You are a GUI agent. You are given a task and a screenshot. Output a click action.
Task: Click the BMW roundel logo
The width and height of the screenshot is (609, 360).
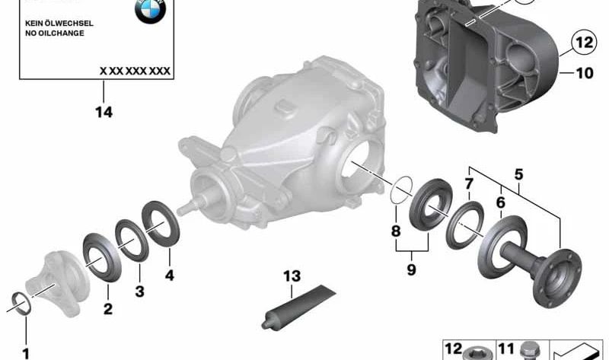click(x=150, y=10)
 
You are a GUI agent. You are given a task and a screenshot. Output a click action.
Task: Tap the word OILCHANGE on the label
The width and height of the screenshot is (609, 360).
click(x=60, y=33)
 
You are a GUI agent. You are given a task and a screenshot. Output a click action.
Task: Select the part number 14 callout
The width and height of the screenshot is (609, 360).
click(x=104, y=112)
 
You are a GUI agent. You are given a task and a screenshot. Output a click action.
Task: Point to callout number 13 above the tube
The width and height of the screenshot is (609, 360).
click(x=292, y=276)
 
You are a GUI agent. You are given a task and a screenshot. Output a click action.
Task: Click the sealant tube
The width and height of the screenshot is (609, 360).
click(x=298, y=307)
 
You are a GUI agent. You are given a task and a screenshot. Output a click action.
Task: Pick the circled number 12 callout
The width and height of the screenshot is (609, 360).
click(x=584, y=42)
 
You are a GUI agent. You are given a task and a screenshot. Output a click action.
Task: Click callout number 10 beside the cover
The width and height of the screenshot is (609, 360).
click(x=585, y=73)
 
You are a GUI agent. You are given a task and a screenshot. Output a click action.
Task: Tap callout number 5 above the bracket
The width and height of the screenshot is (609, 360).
click(x=519, y=175)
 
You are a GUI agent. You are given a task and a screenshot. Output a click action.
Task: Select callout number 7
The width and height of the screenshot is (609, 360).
click(x=469, y=183)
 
